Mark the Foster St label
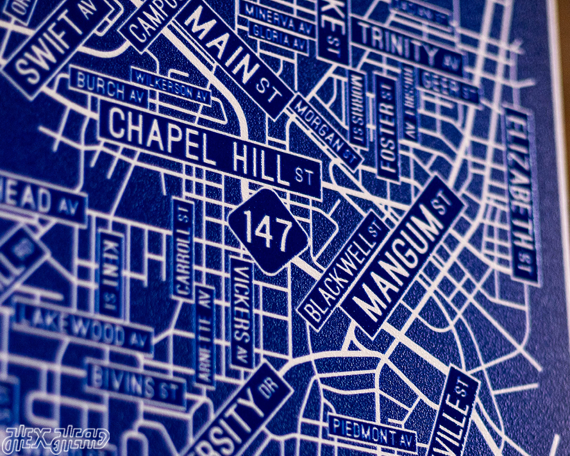[x=387, y=128]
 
